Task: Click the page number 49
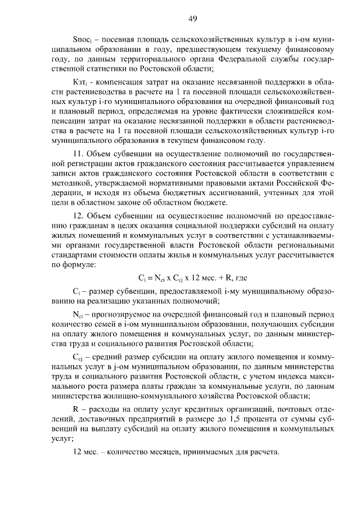192,19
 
